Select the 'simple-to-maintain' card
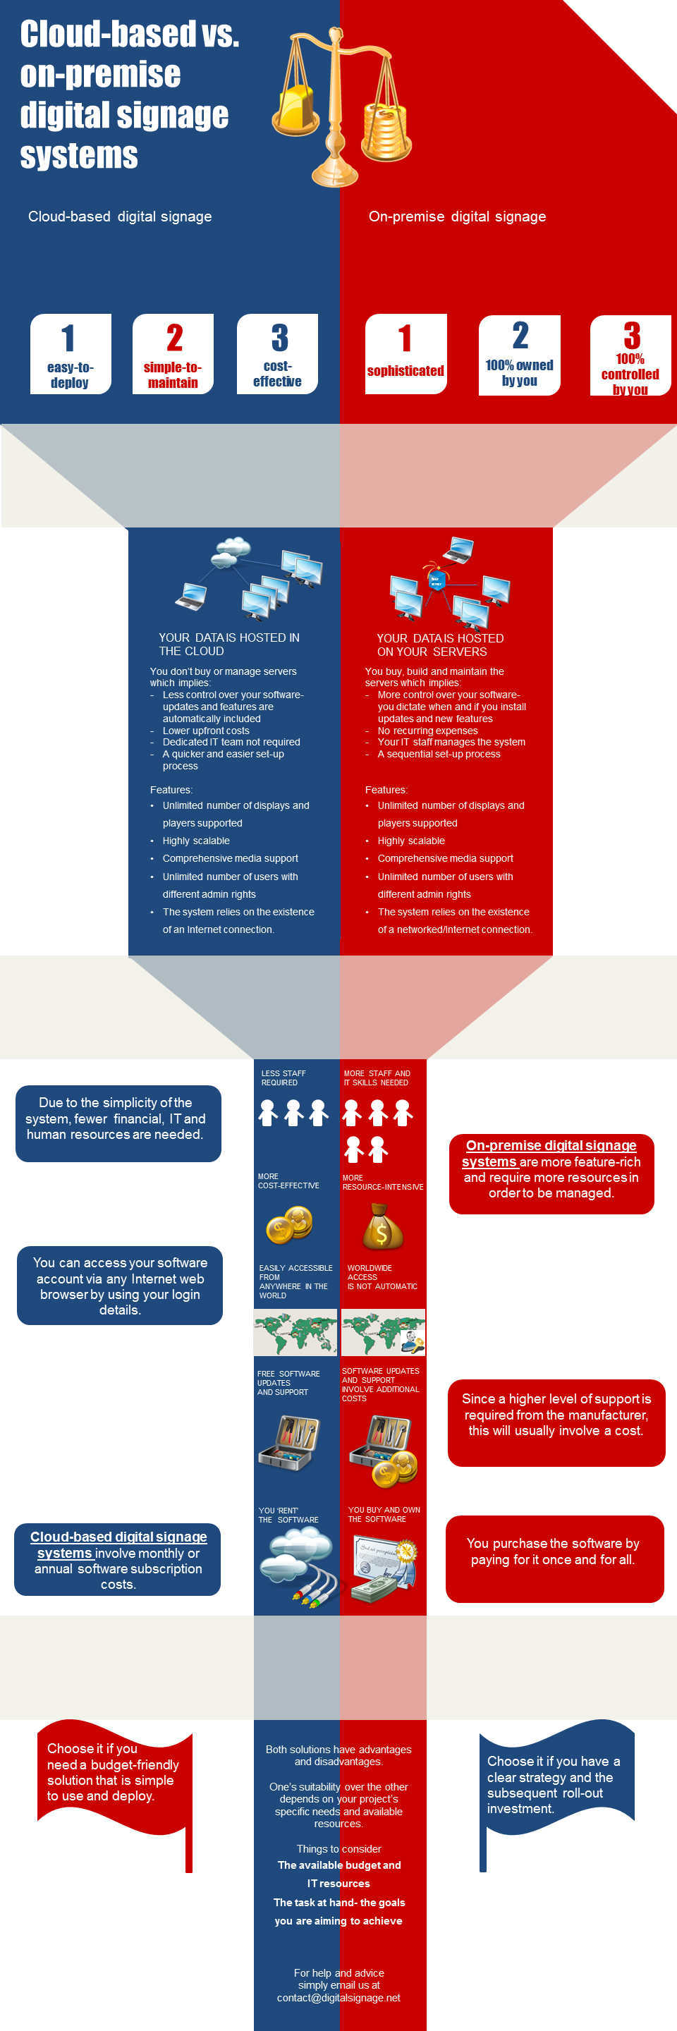[173, 354]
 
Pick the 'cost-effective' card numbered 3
[277, 354]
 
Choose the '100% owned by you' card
[519, 355]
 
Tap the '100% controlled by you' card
[630, 355]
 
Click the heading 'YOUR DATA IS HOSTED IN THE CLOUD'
[228, 644]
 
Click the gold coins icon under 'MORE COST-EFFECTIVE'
[289, 1224]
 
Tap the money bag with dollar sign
[382, 1227]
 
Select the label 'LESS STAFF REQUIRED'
[283, 1078]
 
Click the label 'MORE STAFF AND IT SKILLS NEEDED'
[377, 1078]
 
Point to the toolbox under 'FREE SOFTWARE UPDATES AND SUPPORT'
[288, 1442]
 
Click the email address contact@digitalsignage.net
[339, 1997]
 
